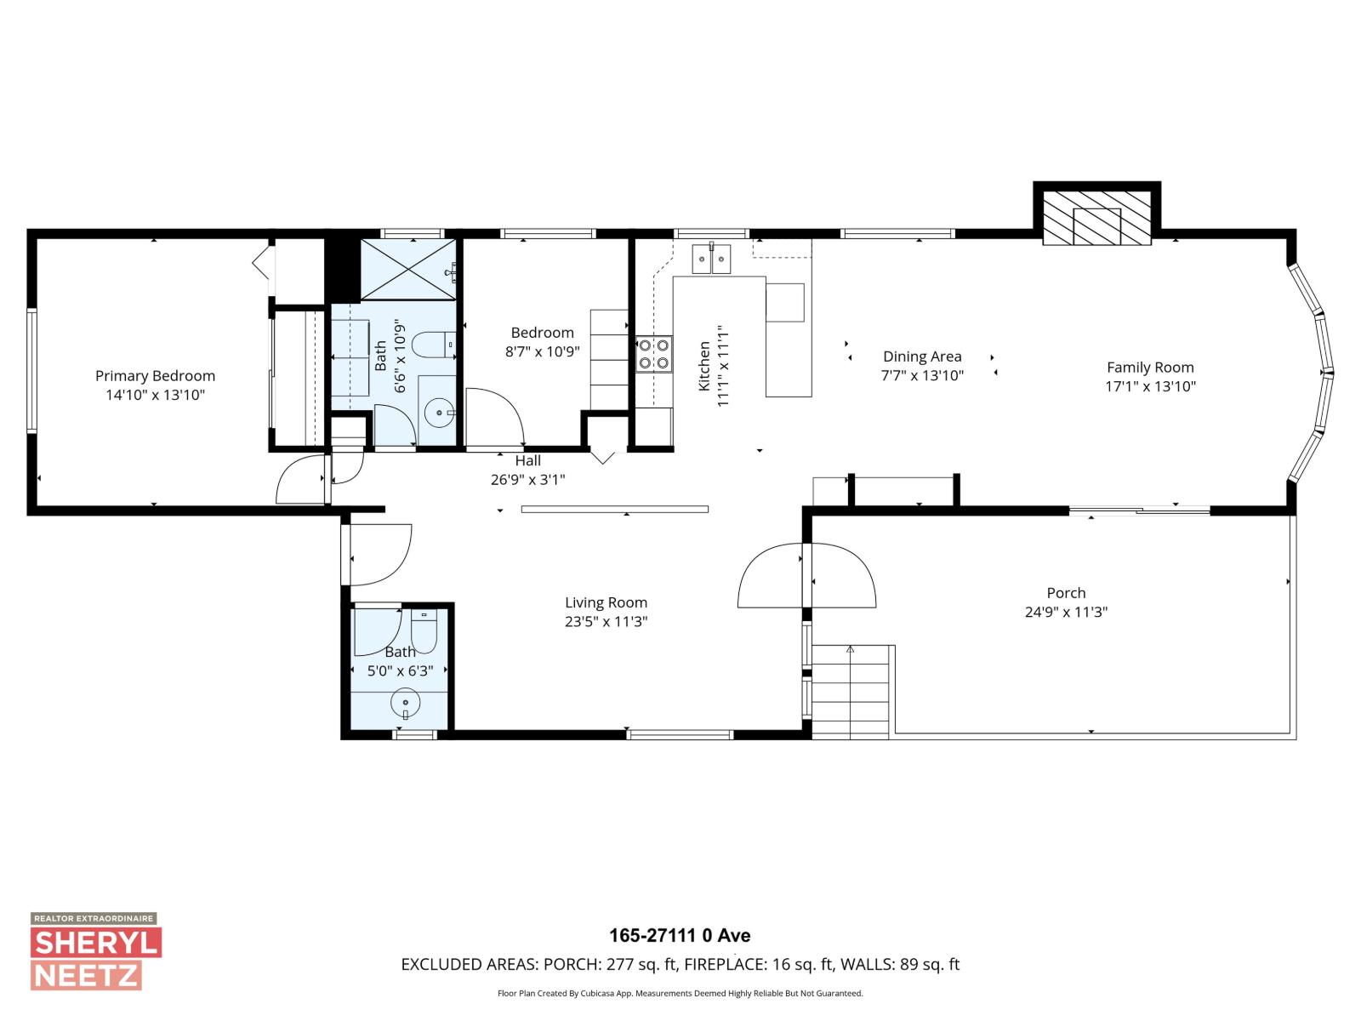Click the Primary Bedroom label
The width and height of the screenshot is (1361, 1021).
pos(155,375)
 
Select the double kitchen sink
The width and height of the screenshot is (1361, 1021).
pos(711,259)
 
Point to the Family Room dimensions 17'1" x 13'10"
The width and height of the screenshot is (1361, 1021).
pos(1150,386)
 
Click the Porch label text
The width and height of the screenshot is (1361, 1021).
pos(1066,593)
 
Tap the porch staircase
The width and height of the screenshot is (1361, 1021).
pos(851,690)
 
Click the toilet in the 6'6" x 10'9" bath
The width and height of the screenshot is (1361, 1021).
pos(432,345)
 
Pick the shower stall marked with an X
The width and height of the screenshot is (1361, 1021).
pos(409,269)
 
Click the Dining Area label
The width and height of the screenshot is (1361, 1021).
pos(922,356)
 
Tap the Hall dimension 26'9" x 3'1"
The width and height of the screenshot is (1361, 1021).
pos(527,480)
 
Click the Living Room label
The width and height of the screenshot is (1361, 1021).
pos(606,602)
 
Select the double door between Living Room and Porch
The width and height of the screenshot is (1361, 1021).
pos(806,575)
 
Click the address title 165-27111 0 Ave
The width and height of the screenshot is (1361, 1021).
pos(680,936)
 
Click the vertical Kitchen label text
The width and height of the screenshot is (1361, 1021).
pos(704,366)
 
